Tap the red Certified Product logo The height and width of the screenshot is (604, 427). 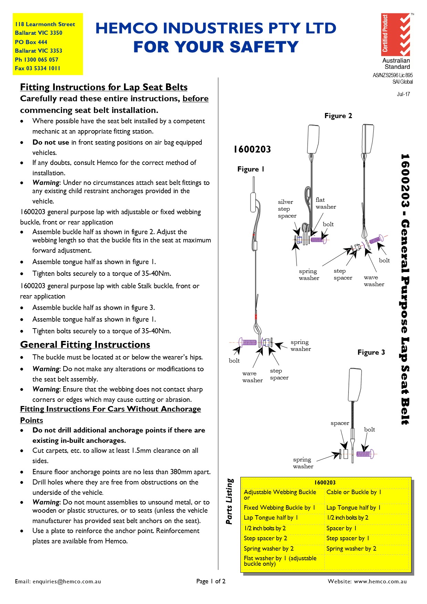tap(395, 35)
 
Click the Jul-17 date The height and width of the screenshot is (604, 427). tap(403, 94)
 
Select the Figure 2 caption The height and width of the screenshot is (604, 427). tap(338, 116)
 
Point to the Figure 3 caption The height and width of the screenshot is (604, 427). tap(371, 352)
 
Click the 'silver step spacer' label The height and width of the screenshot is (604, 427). tap(287, 209)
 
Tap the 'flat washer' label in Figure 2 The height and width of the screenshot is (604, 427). tap(325, 203)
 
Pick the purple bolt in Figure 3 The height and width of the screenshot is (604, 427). tap(365, 454)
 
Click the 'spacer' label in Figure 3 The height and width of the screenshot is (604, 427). tap(340, 423)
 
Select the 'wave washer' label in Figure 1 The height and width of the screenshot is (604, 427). tap(252, 377)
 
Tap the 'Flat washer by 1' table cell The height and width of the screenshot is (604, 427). tap(280, 561)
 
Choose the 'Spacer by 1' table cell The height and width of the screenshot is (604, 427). tap(341, 528)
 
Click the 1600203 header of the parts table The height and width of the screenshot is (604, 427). tap(325, 482)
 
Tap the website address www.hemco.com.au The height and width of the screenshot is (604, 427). tap(380, 581)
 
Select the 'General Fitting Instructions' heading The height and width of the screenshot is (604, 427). tap(85, 345)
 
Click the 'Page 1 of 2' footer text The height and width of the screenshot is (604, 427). tap(211, 581)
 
